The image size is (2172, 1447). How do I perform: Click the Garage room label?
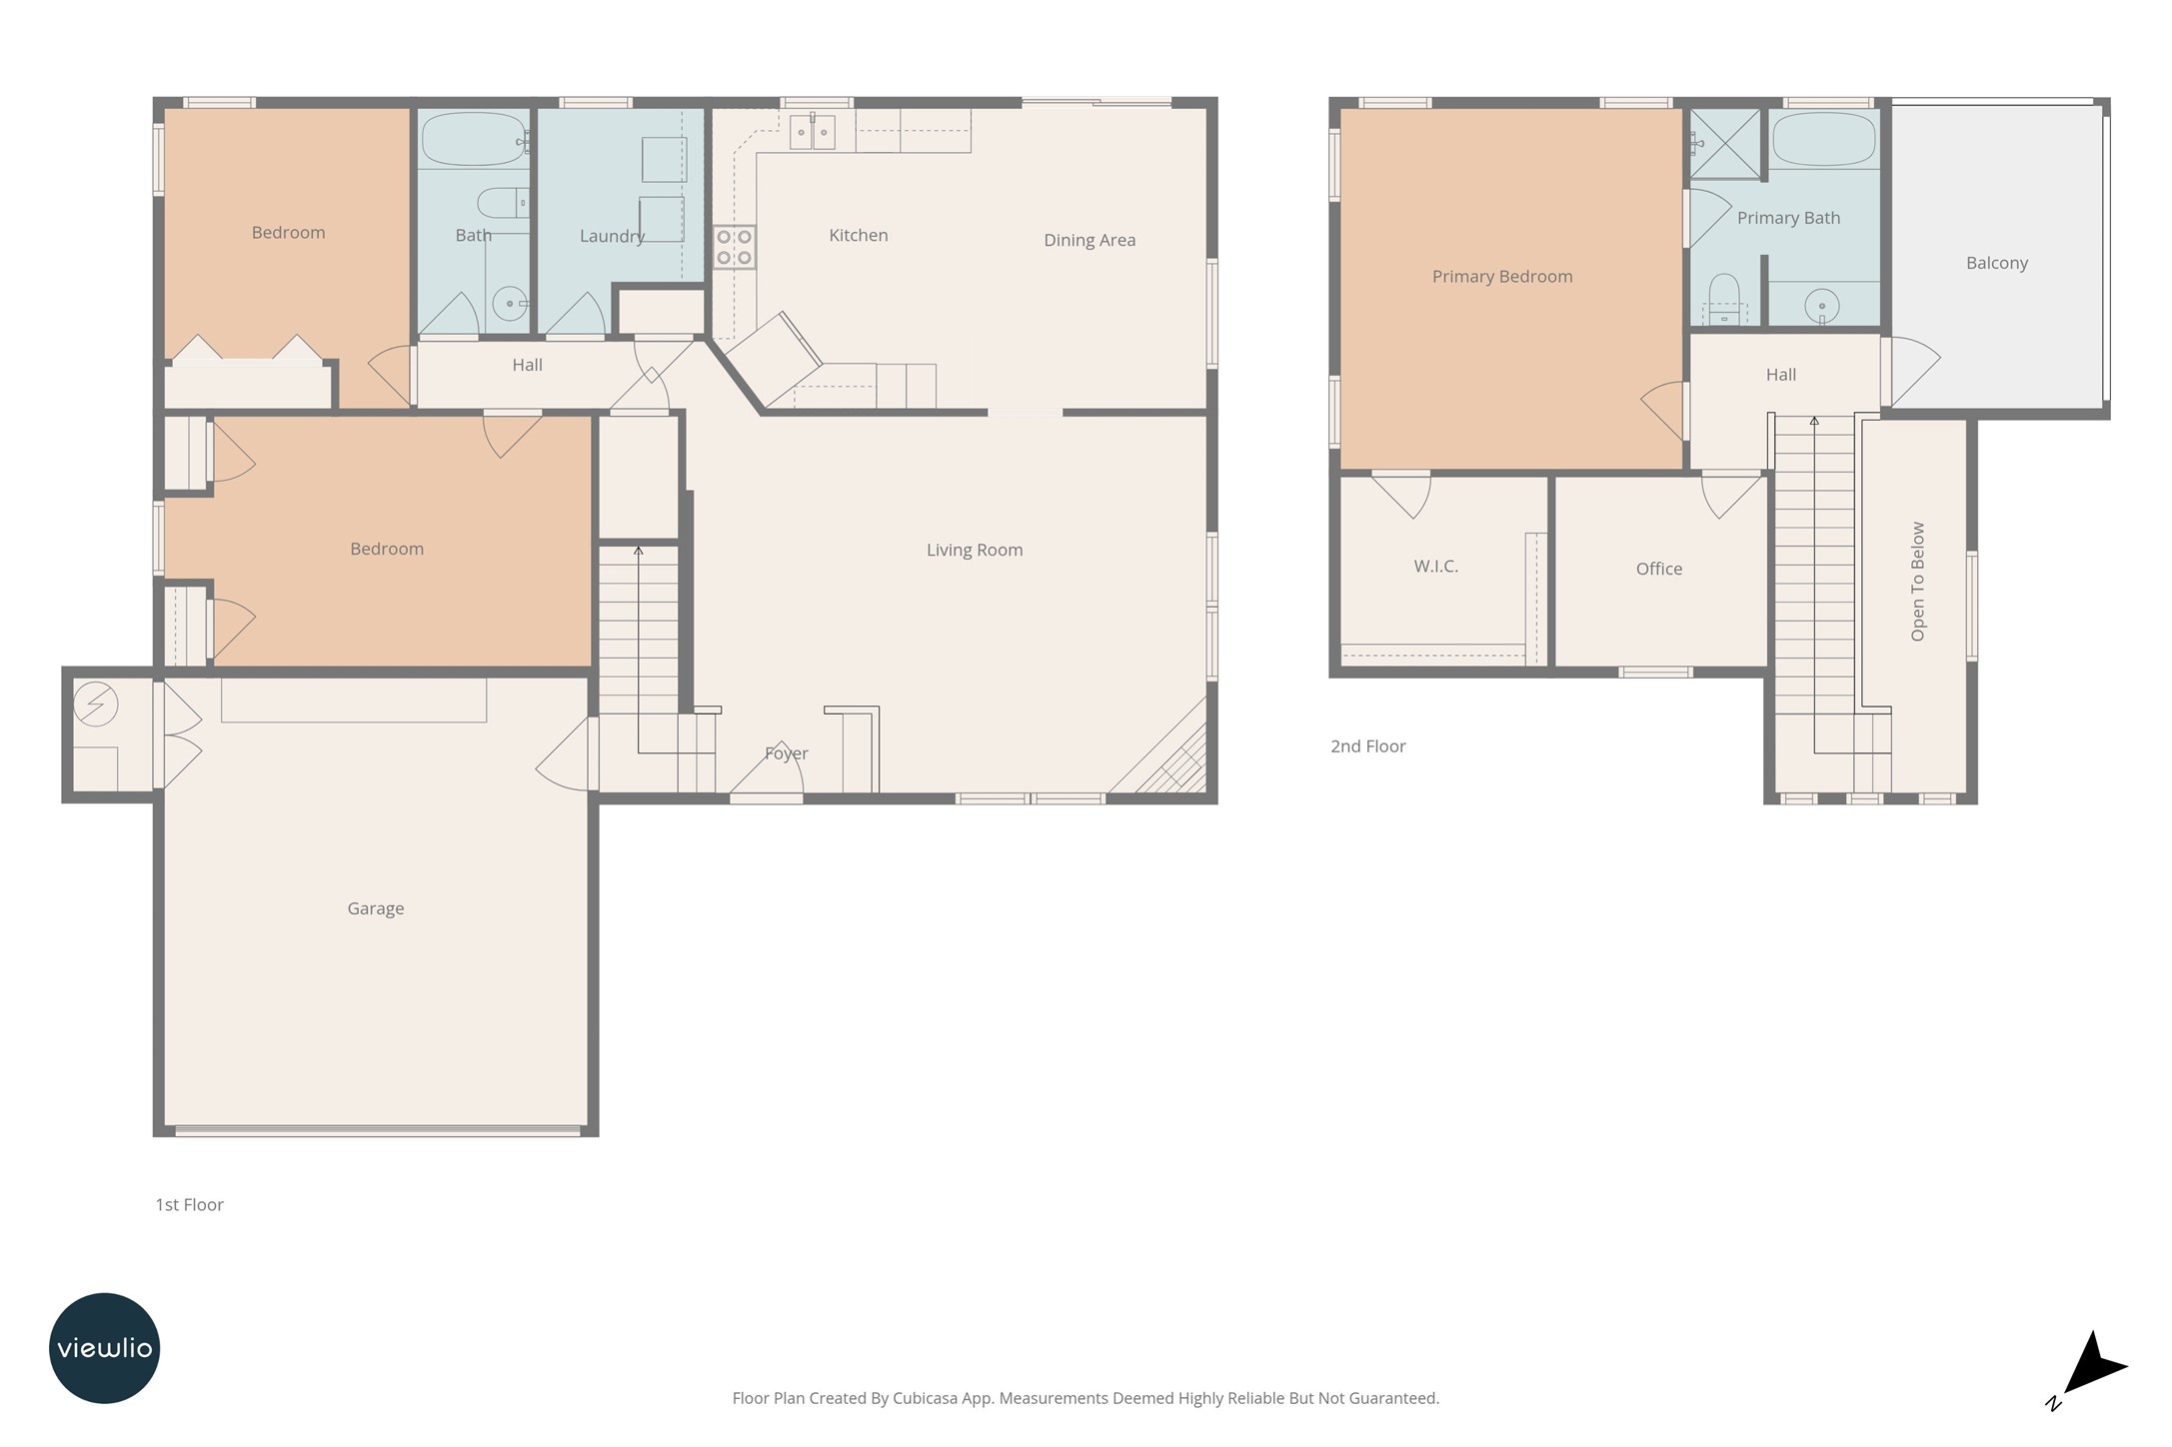[x=376, y=908]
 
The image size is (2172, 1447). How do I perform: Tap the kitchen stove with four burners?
[x=734, y=247]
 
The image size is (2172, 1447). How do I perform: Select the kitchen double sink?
[x=812, y=132]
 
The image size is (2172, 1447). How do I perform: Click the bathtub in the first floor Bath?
[x=472, y=139]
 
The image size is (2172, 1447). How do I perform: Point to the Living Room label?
[x=974, y=550]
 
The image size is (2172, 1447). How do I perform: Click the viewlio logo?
[x=104, y=1348]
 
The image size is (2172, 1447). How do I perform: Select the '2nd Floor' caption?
[x=1367, y=746]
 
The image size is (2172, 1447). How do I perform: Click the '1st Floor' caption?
[x=189, y=1205]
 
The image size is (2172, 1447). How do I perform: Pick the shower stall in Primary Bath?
[x=1724, y=144]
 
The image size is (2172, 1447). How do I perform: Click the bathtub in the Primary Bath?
[x=1824, y=139]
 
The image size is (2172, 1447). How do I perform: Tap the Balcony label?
[x=1996, y=263]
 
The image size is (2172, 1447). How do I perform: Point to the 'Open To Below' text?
[x=1917, y=581]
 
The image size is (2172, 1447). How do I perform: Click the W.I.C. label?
[x=1435, y=567]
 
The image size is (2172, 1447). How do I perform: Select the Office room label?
[x=1658, y=569]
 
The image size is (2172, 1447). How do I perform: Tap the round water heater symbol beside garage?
[x=96, y=705]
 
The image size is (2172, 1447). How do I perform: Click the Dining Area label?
[x=1088, y=240]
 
